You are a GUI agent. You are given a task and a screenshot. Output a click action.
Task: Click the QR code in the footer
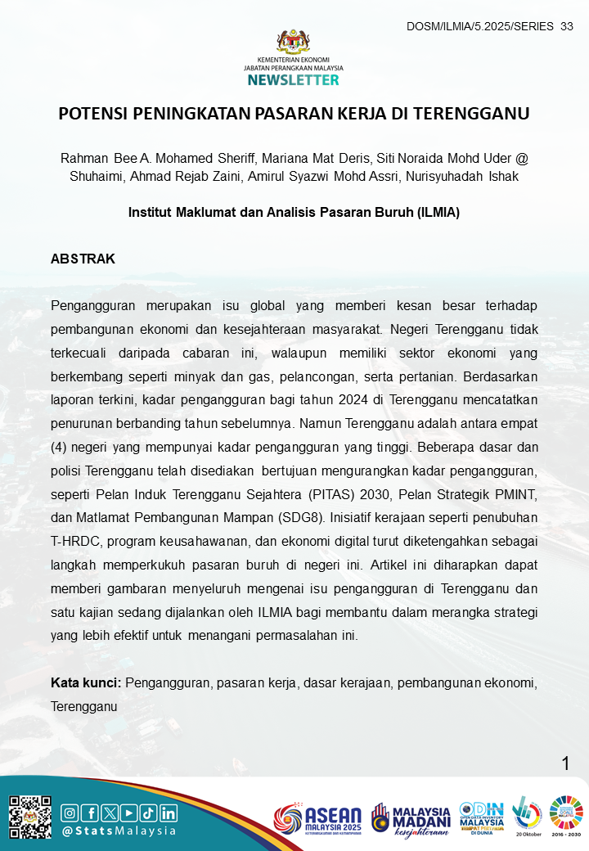[30, 816]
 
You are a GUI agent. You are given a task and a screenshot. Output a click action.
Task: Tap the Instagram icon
[70, 813]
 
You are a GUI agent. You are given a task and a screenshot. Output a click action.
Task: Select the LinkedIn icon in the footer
[169, 813]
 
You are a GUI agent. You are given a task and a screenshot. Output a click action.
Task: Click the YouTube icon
[129, 813]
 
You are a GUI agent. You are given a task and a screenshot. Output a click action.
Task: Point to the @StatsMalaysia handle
[119, 831]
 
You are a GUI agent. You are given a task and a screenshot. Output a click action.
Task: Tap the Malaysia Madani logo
[411, 818]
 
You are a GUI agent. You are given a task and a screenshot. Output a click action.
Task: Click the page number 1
[565, 764]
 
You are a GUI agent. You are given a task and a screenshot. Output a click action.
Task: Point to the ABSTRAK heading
[83, 259]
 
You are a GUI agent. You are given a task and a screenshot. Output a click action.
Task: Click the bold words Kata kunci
[85, 682]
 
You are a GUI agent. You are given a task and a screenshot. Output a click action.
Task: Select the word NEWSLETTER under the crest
[293, 80]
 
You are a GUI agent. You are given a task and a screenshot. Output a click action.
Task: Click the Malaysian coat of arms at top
[293, 42]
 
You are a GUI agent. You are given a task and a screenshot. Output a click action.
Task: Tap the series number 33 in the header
[567, 27]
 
